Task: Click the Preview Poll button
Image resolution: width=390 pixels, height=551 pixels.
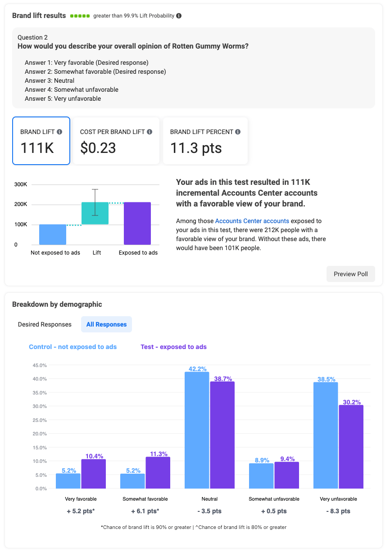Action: pos(350,274)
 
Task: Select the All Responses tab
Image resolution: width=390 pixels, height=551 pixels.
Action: pos(106,324)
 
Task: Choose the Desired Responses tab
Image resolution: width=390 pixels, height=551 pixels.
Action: pos(45,324)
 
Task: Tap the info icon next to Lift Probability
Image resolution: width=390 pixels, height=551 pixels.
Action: pos(179,16)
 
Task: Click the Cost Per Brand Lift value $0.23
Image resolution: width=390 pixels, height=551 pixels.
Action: pos(98,148)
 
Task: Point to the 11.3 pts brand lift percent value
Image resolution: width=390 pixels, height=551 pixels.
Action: pos(196,148)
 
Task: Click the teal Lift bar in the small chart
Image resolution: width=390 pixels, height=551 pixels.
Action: pos(95,213)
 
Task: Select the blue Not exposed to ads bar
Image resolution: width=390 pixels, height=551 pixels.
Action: pos(53,234)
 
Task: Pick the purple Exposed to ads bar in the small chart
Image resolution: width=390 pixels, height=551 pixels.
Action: pos(137,223)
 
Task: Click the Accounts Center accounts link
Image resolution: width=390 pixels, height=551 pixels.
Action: pos(252,221)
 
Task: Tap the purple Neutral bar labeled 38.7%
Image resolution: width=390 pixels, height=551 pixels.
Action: pos(222,435)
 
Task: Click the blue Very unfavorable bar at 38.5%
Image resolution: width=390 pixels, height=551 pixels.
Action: pos(326,435)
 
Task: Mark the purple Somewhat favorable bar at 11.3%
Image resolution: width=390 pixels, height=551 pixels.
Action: pos(158,472)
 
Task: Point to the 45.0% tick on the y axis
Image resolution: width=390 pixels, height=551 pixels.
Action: pos(40,365)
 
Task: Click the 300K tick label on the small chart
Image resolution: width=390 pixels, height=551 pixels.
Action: pos(21,184)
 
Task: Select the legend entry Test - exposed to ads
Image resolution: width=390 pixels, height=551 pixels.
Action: pos(173,347)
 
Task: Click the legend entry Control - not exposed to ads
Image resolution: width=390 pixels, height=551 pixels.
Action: pos(73,347)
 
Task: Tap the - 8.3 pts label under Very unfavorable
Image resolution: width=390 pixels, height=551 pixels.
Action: pos(338,511)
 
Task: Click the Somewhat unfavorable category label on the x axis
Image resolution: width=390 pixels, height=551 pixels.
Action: pos(274,499)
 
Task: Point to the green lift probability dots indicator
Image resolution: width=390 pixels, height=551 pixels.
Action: pos(80,16)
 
